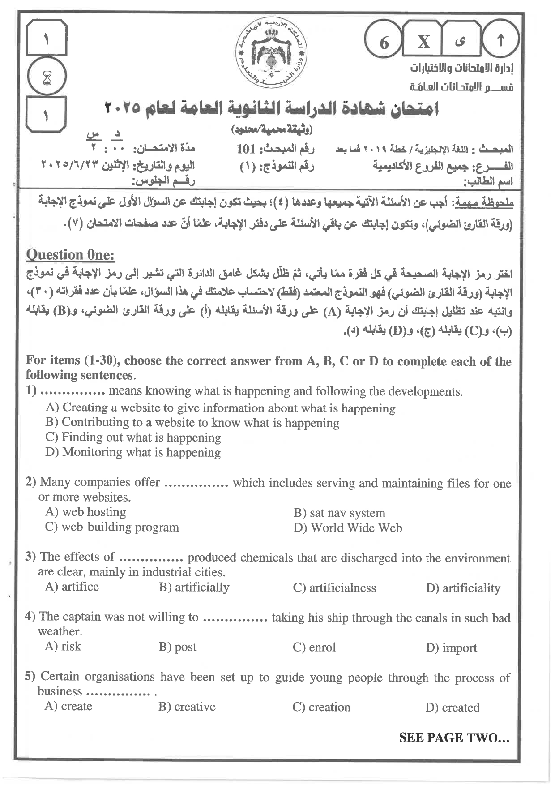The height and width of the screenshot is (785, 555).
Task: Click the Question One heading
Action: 70,255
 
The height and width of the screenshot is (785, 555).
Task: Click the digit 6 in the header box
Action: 384,43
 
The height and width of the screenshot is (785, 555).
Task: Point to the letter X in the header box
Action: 423,42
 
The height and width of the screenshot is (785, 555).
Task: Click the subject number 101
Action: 246,149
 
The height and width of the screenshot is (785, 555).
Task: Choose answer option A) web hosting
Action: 85,512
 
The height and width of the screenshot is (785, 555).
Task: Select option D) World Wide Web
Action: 348,528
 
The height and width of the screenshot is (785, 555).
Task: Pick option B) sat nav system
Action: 339,513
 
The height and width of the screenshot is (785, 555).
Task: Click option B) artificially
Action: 194,587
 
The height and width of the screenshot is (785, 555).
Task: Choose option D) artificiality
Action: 463,588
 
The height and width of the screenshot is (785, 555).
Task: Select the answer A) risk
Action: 63,646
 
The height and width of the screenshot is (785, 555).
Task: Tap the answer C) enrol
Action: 314,648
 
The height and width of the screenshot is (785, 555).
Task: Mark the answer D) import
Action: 452,648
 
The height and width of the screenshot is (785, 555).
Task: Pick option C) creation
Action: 321,707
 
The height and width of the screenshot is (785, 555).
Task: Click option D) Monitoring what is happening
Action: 133,452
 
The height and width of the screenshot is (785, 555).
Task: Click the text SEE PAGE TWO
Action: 454,738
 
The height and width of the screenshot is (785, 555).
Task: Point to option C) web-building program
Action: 112,527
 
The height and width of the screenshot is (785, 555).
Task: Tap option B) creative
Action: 187,707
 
